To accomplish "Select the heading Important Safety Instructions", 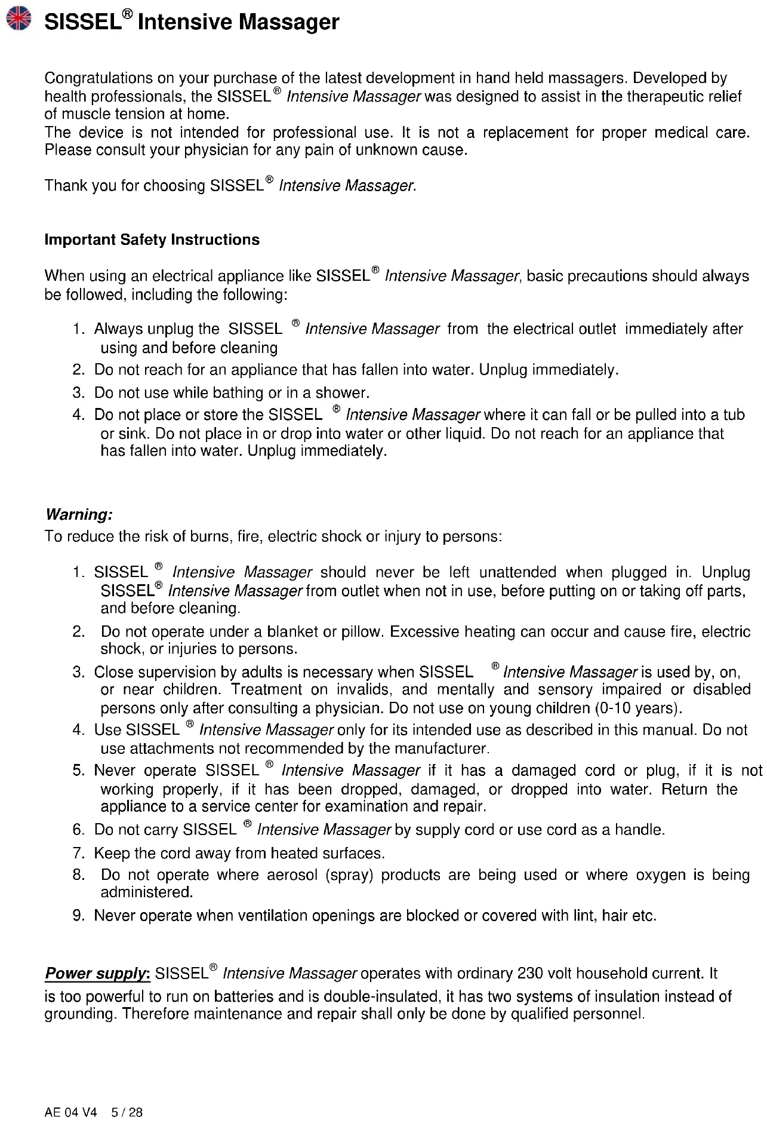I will [152, 240].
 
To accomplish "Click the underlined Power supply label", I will [97, 974].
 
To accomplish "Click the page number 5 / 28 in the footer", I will [127, 1112].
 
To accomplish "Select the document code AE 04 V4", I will [70, 1112].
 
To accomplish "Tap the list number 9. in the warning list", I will [78, 916].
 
